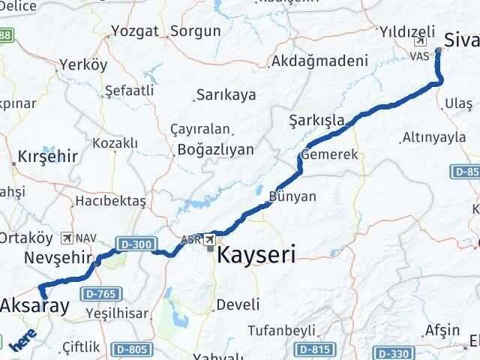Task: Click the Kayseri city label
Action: pyautogui.click(x=256, y=255)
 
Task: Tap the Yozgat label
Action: pyautogui.click(x=134, y=31)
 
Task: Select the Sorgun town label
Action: pyautogui.click(x=195, y=31)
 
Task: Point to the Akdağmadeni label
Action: pyautogui.click(x=320, y=61)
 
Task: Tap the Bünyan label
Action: pyautogui.click(x=292, y=196)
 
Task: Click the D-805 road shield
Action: pyautogui.click(x=132, y=349)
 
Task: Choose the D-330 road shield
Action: pyautogui.click(x=393, y=352)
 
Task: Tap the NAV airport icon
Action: pyautogui.click(x=69, y=238)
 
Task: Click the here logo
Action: pyautogui.click(x=23, y=340)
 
